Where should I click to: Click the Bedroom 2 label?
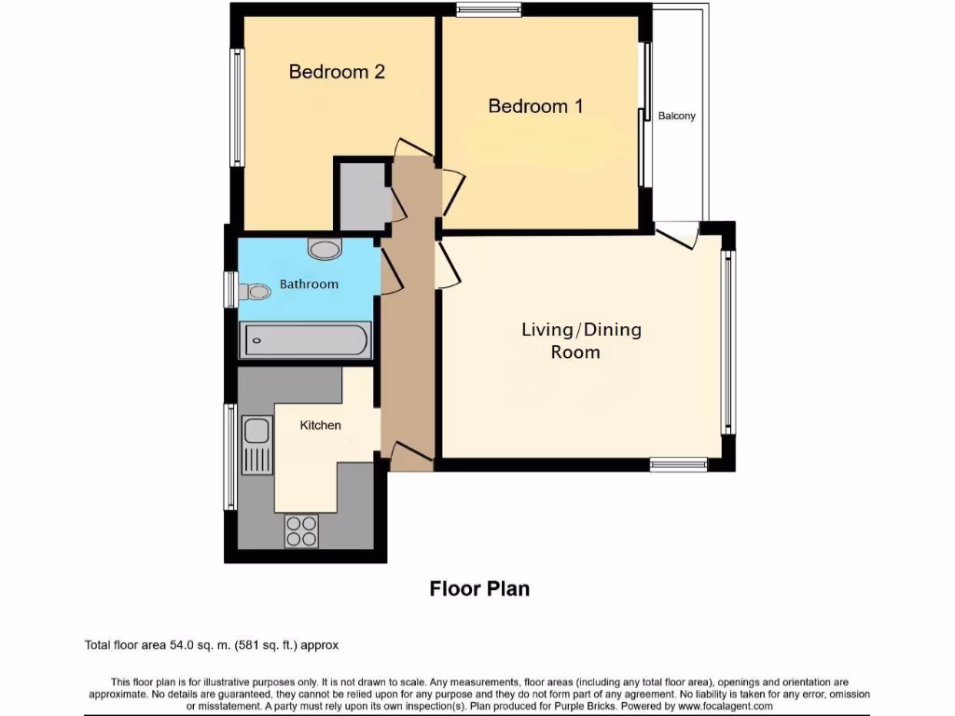click(337, 72)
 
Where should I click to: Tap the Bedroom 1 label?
click(535, 106)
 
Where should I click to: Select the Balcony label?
click(677, 117)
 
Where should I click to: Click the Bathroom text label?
click(309, 284)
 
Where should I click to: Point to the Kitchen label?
click(320, 425)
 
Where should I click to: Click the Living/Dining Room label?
click(581, 340)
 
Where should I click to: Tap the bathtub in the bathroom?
click(306, 340)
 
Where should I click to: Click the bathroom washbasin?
click(325, 249)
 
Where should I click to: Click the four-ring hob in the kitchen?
click(301, 530)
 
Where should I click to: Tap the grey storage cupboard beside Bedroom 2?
click(361, 195)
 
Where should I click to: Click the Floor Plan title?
click(479, 588)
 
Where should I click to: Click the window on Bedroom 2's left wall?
click(238, 107)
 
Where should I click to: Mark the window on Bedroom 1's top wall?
click(489, 10)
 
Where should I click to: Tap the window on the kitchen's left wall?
click(229, 457)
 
